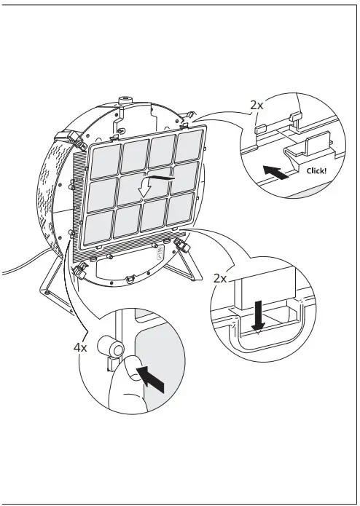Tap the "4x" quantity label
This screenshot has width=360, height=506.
click(81, 347)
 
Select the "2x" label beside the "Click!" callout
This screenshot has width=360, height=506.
click(257, 105)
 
